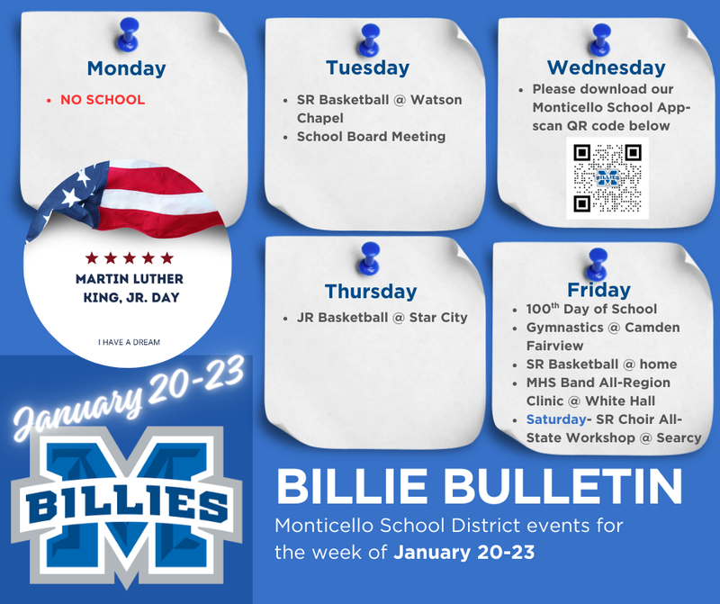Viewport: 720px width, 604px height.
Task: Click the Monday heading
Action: point(126,68)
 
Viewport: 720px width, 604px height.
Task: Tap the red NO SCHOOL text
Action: point(102,100)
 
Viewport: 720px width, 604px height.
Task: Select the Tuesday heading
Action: point(367,68)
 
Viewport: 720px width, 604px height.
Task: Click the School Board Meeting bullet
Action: point(371,137)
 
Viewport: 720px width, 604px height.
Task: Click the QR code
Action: point(607,177)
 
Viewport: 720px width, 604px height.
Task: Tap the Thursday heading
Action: point(371,291)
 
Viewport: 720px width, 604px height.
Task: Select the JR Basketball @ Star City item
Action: point(382,318)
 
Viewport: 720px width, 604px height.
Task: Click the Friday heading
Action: point(598,289)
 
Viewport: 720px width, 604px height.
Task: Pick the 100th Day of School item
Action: point(591,309)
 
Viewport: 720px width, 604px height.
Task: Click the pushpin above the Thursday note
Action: point(368,256)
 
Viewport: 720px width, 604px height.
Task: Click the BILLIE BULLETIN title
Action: point(478,487)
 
